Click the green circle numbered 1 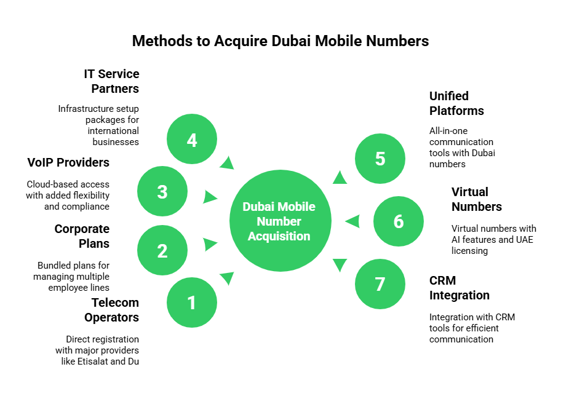click(x=192, y=302)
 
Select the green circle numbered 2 click(x=162, y=250)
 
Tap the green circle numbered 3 click(x=162, y=191)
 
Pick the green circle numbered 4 click(x=192, y=140)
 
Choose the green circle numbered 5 click(x=380, y=158)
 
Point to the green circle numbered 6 click(x=399, y=221)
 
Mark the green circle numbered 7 click(x=380, y=283)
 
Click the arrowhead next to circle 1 click(x=227, y=279)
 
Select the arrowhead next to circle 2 click(x=210, y=244)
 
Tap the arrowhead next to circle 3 click(x=210, y=197)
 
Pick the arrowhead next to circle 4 click(x=227, y=162)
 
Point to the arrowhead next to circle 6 click(x=352, y=221)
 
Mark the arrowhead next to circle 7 click(x=340, y=265)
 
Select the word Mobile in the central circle click(x=297, y=207)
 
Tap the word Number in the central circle click(x=279, y=221)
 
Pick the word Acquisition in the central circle click(x=279, y=236)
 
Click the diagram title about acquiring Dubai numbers click(x=280, y=41)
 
